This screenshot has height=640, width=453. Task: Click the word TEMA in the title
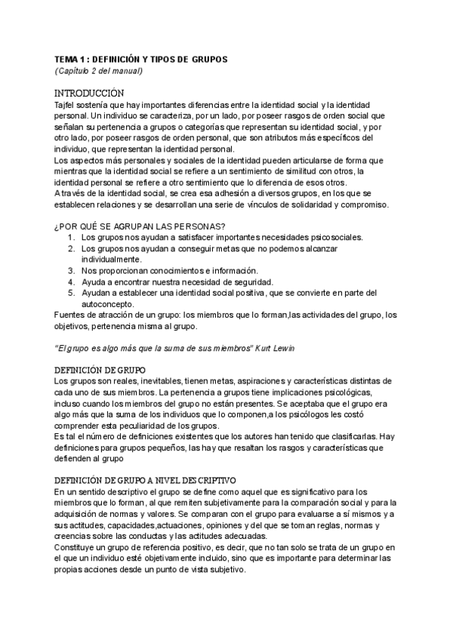[66, 59]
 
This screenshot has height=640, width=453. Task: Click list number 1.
[71, 238]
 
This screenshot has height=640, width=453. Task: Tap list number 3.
[71, 270]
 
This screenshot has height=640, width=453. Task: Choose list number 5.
[71, 293]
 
